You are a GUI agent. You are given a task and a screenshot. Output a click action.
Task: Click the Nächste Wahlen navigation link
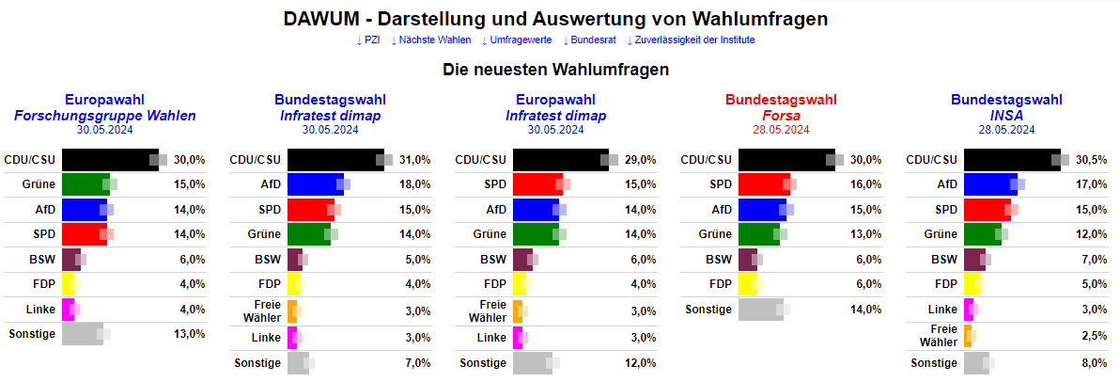429,40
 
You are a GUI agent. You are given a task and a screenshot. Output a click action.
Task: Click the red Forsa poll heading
781,100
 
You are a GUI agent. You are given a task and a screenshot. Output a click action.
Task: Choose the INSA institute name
1006,116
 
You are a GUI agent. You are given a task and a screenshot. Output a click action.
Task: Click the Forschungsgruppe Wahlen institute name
105,116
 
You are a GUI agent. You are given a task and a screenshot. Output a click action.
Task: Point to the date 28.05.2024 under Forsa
781,130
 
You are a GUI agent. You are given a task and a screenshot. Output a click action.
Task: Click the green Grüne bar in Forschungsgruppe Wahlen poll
86,184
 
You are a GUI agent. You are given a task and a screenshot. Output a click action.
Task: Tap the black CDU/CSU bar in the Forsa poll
786,160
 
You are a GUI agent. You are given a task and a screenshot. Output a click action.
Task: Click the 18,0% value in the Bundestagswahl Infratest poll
414,184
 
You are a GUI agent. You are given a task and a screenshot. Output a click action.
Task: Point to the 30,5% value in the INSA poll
1091,160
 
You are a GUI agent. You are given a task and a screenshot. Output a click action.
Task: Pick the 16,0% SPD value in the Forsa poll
865,184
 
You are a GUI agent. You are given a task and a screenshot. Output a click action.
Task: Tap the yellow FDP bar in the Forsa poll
748,284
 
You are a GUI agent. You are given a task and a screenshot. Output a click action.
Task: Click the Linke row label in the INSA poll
942,310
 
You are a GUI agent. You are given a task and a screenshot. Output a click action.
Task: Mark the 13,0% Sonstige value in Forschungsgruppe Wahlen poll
189,334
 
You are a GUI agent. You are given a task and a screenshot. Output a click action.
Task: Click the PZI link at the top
371,40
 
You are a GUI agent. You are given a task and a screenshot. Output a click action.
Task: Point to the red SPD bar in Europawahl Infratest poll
537,184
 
